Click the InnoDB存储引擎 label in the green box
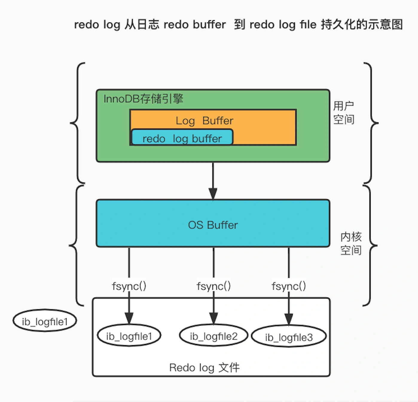pyautogui.click(x=143, y=99)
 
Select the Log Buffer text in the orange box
pyautogui.click(x=204, y=121)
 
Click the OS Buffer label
pyautogui.click(x=213, y=225)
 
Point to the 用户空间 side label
pyautogui.click(x=344, y=113)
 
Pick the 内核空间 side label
pyautogui.click(x=351, y=243)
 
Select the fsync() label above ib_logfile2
pyautogui.click(x=213, y=286)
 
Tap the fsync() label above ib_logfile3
pyautogui.click(x=289, y=286)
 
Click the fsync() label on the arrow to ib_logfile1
pyautogui.click(x=129, y=286)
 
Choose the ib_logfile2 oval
pyautogui.click(x=213, y=336)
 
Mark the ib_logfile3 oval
pyautogui.click(x=289, y=337)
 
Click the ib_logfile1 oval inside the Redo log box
pyautogui.click(x=129, y=336)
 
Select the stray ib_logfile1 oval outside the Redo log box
pyautogui.click(x=45, y=322)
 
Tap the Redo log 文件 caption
pyautogui.click(x=204, y=368)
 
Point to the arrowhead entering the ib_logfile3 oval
pyautogui.click(x=289, y=319)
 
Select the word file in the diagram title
pyautogui.click(x=308, y=25)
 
